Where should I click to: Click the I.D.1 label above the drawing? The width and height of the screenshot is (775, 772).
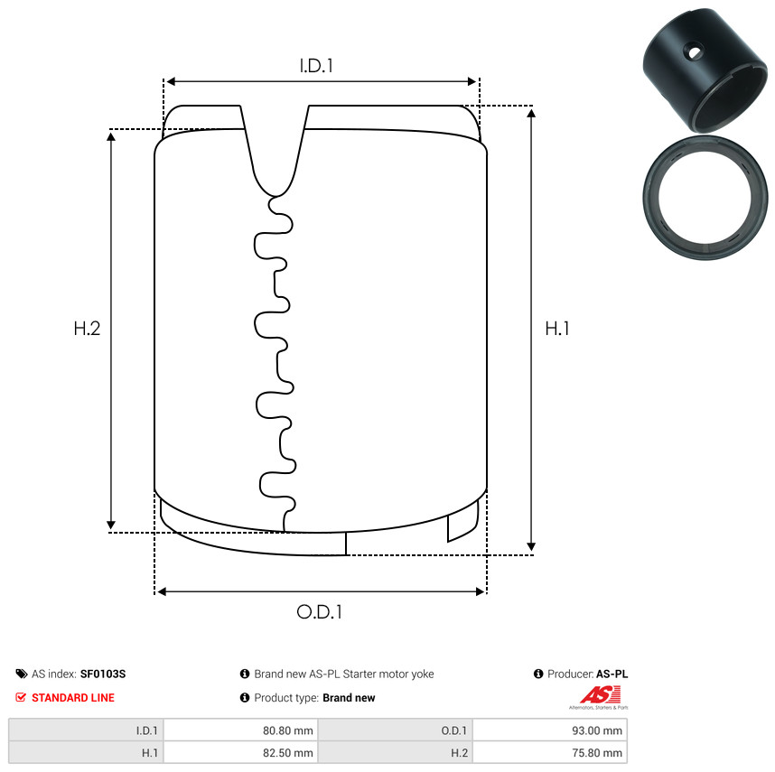pyautogui.click(x=316, y=66)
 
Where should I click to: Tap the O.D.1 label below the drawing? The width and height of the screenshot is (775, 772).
pyautogui.click(x=319, y=612)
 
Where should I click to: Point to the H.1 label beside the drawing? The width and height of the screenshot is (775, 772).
pyautogui.click(x=557, y=329)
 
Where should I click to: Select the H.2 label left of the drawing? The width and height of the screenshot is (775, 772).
pyautogui.click(x=87, y=329)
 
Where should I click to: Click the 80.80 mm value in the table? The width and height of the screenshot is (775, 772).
pyautogui.click(x=287, y=730)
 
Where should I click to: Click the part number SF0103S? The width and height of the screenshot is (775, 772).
pyautogui.click(x=103, y=674)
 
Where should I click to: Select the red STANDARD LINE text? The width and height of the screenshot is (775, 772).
pyautogui.click(x=73, y=697)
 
